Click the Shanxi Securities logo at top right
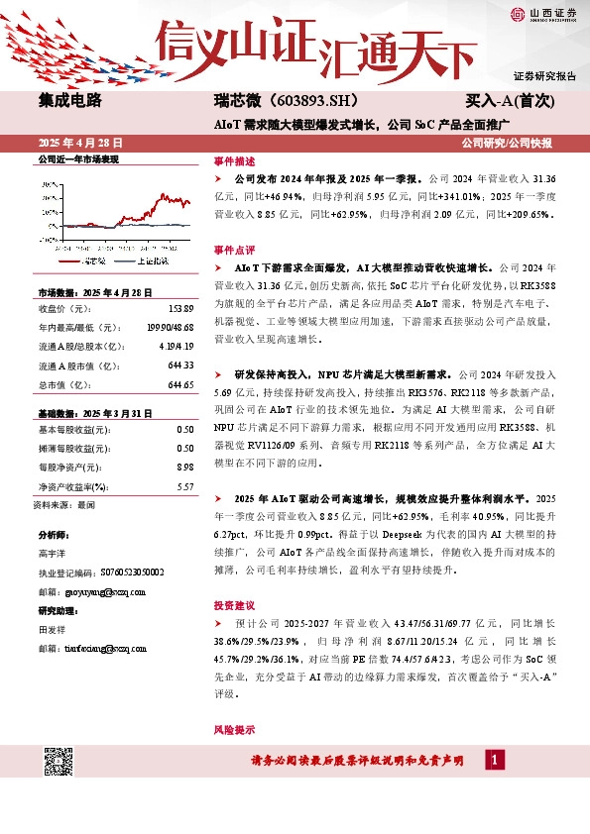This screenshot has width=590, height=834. [546, 14]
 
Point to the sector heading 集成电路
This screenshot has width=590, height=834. [69, 101]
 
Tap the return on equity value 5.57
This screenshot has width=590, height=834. [184, 486]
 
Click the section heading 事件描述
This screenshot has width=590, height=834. [234, 161]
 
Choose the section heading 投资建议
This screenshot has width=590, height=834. [234, 603]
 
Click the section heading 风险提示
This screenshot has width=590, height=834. [234, 729]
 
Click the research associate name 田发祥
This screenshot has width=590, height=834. [53, 629]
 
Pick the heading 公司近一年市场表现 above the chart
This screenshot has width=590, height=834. [77, 159]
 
